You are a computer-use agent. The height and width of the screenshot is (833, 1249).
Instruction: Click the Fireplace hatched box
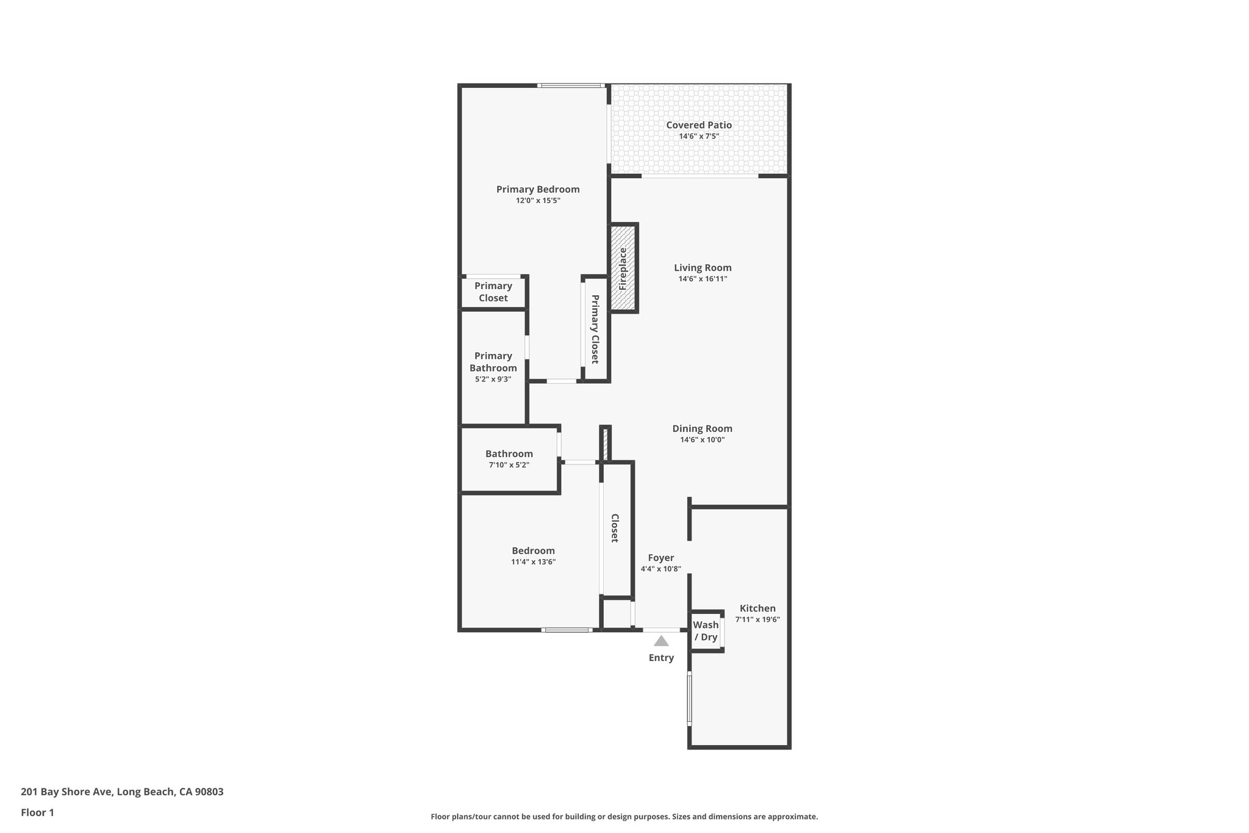623,269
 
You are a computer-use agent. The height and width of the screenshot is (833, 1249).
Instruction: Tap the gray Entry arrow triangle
661,641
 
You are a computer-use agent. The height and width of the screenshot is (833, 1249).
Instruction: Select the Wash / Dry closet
706,631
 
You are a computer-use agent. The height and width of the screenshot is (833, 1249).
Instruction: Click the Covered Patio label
698,125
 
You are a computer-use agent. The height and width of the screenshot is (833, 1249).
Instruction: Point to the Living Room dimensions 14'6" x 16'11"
703,279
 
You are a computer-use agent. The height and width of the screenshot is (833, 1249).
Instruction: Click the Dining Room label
702,428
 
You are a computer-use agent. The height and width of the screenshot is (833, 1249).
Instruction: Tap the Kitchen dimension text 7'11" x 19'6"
757,619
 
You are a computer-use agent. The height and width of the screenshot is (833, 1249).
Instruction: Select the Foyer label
660,558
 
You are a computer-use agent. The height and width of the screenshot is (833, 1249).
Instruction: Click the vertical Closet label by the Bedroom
615,528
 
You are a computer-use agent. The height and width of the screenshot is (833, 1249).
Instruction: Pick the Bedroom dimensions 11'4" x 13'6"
533,562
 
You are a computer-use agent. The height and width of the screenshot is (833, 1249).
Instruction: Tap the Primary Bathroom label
493,362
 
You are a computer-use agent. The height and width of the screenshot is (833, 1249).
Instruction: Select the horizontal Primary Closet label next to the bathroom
493,292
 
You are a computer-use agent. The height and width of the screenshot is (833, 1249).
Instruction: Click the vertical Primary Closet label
595,329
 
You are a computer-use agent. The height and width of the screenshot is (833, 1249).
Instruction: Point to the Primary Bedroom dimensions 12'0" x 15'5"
537,200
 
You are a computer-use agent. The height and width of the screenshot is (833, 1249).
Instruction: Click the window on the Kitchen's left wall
690,698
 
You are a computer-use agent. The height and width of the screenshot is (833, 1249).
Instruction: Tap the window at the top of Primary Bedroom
571,85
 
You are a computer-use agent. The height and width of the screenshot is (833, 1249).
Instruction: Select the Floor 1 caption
37,812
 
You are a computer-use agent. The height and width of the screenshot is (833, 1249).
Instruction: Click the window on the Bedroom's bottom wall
566,630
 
